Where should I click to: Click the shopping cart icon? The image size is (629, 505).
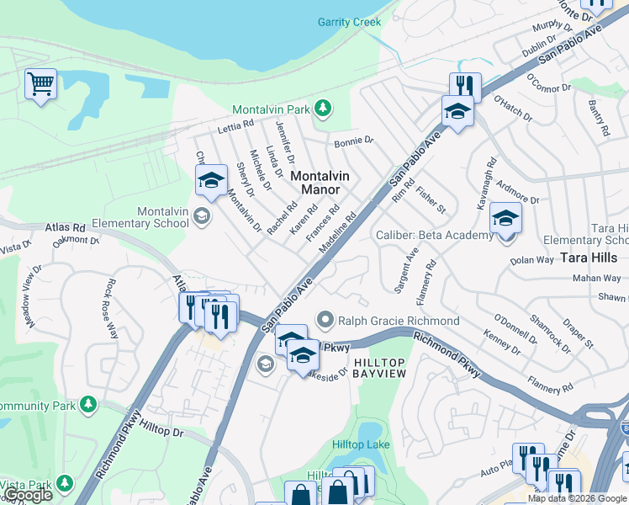[40, 84]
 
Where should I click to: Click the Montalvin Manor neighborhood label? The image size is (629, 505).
[320, 183]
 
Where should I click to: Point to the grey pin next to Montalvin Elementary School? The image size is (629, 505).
[201, 216]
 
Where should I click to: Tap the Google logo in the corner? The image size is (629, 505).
[27, 495]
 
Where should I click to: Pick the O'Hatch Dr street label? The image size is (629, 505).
[513, 109]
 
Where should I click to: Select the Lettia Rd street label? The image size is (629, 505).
[235, 128]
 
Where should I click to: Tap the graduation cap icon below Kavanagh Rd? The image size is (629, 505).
[505, 217]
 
